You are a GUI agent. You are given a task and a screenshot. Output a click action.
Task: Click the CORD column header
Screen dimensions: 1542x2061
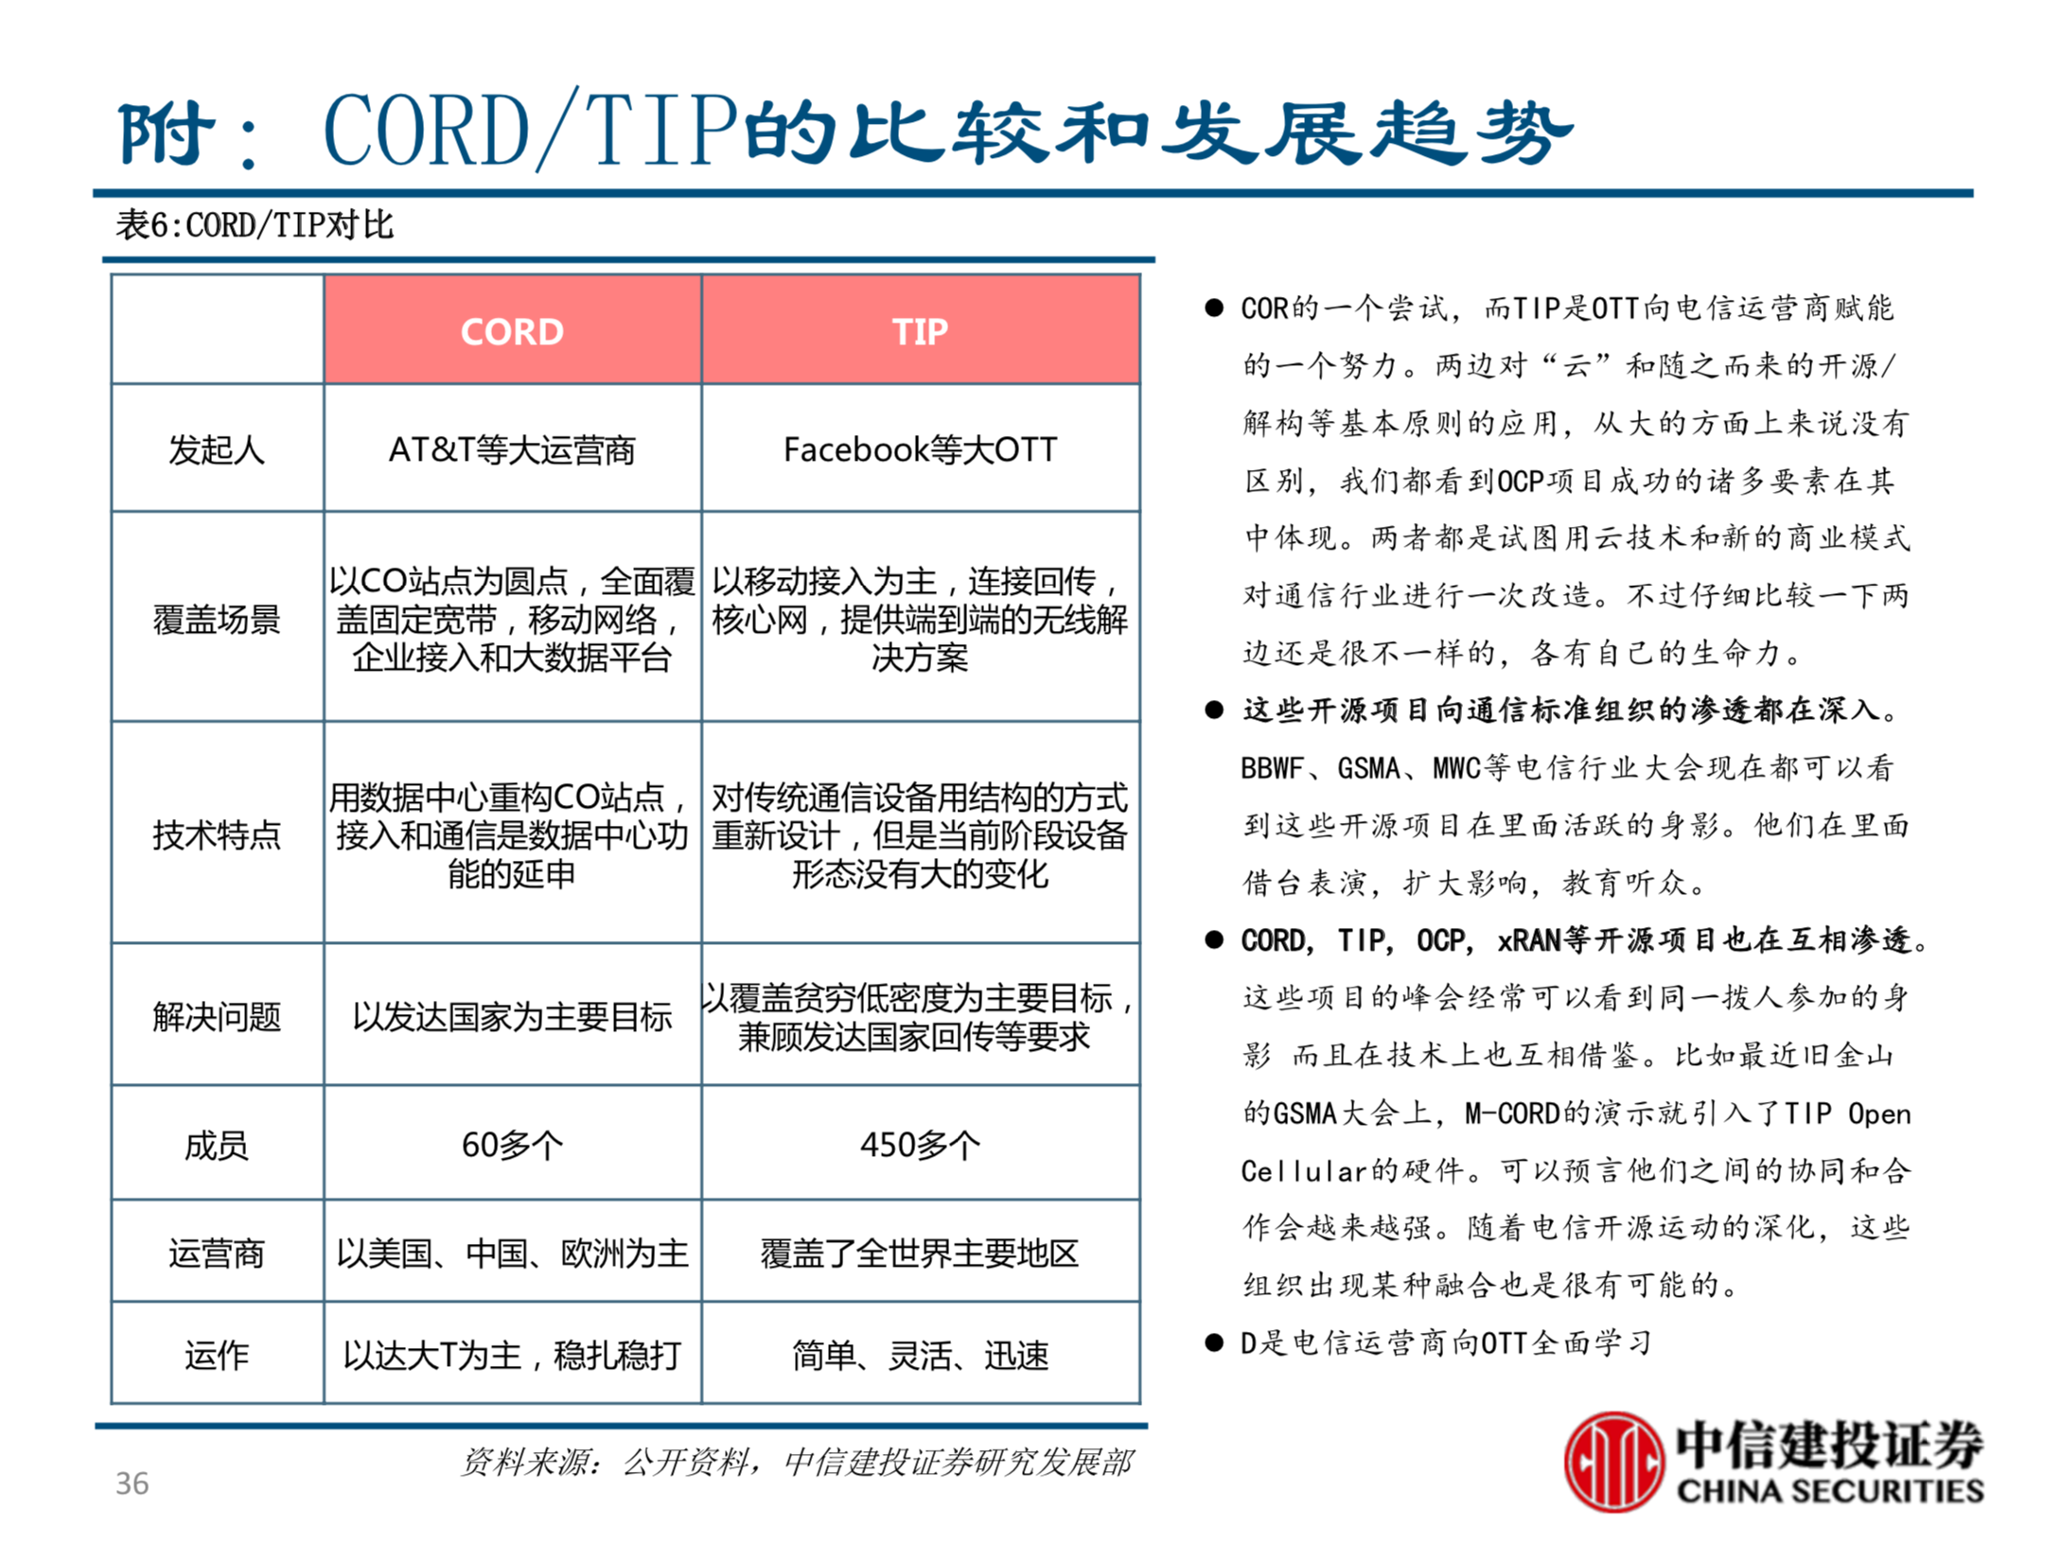pos(512,332)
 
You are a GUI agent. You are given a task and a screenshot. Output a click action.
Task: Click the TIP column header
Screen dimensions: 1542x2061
pos(920,332)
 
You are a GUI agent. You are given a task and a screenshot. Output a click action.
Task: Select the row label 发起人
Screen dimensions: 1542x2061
pos(217,449)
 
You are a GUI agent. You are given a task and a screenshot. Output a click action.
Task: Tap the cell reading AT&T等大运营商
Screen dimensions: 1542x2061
pos(512,449)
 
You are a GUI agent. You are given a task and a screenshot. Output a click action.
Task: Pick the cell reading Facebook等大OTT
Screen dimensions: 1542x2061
pos(920,449)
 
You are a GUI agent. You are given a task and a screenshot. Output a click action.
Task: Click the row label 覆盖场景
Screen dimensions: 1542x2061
pos(217,620)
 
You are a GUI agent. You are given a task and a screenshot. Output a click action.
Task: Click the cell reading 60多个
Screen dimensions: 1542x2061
pos(512,1146)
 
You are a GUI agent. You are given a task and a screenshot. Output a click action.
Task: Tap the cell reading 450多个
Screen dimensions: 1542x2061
pos(920,1146)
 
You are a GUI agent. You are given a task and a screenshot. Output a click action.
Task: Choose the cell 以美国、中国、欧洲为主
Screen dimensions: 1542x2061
pos(512,1253)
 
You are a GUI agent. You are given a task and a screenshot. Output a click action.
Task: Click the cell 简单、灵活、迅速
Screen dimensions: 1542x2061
pos(920,1356)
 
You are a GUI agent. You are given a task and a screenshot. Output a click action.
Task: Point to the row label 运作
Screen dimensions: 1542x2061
pos(217,1356)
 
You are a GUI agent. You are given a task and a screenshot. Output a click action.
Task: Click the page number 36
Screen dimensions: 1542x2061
pos(132,1482)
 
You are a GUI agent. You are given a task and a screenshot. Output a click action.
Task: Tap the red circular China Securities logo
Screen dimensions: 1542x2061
pos(1612,1462)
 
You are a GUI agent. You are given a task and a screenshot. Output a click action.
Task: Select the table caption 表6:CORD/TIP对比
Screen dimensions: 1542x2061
pos(254,225)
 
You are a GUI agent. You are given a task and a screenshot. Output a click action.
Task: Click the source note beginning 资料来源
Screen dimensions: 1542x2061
pos(796,1462)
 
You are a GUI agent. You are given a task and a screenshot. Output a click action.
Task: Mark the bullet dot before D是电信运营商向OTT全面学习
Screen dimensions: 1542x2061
pos(1214,1342)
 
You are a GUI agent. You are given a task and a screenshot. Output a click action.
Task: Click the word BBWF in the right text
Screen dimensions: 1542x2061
pos(1272,768)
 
